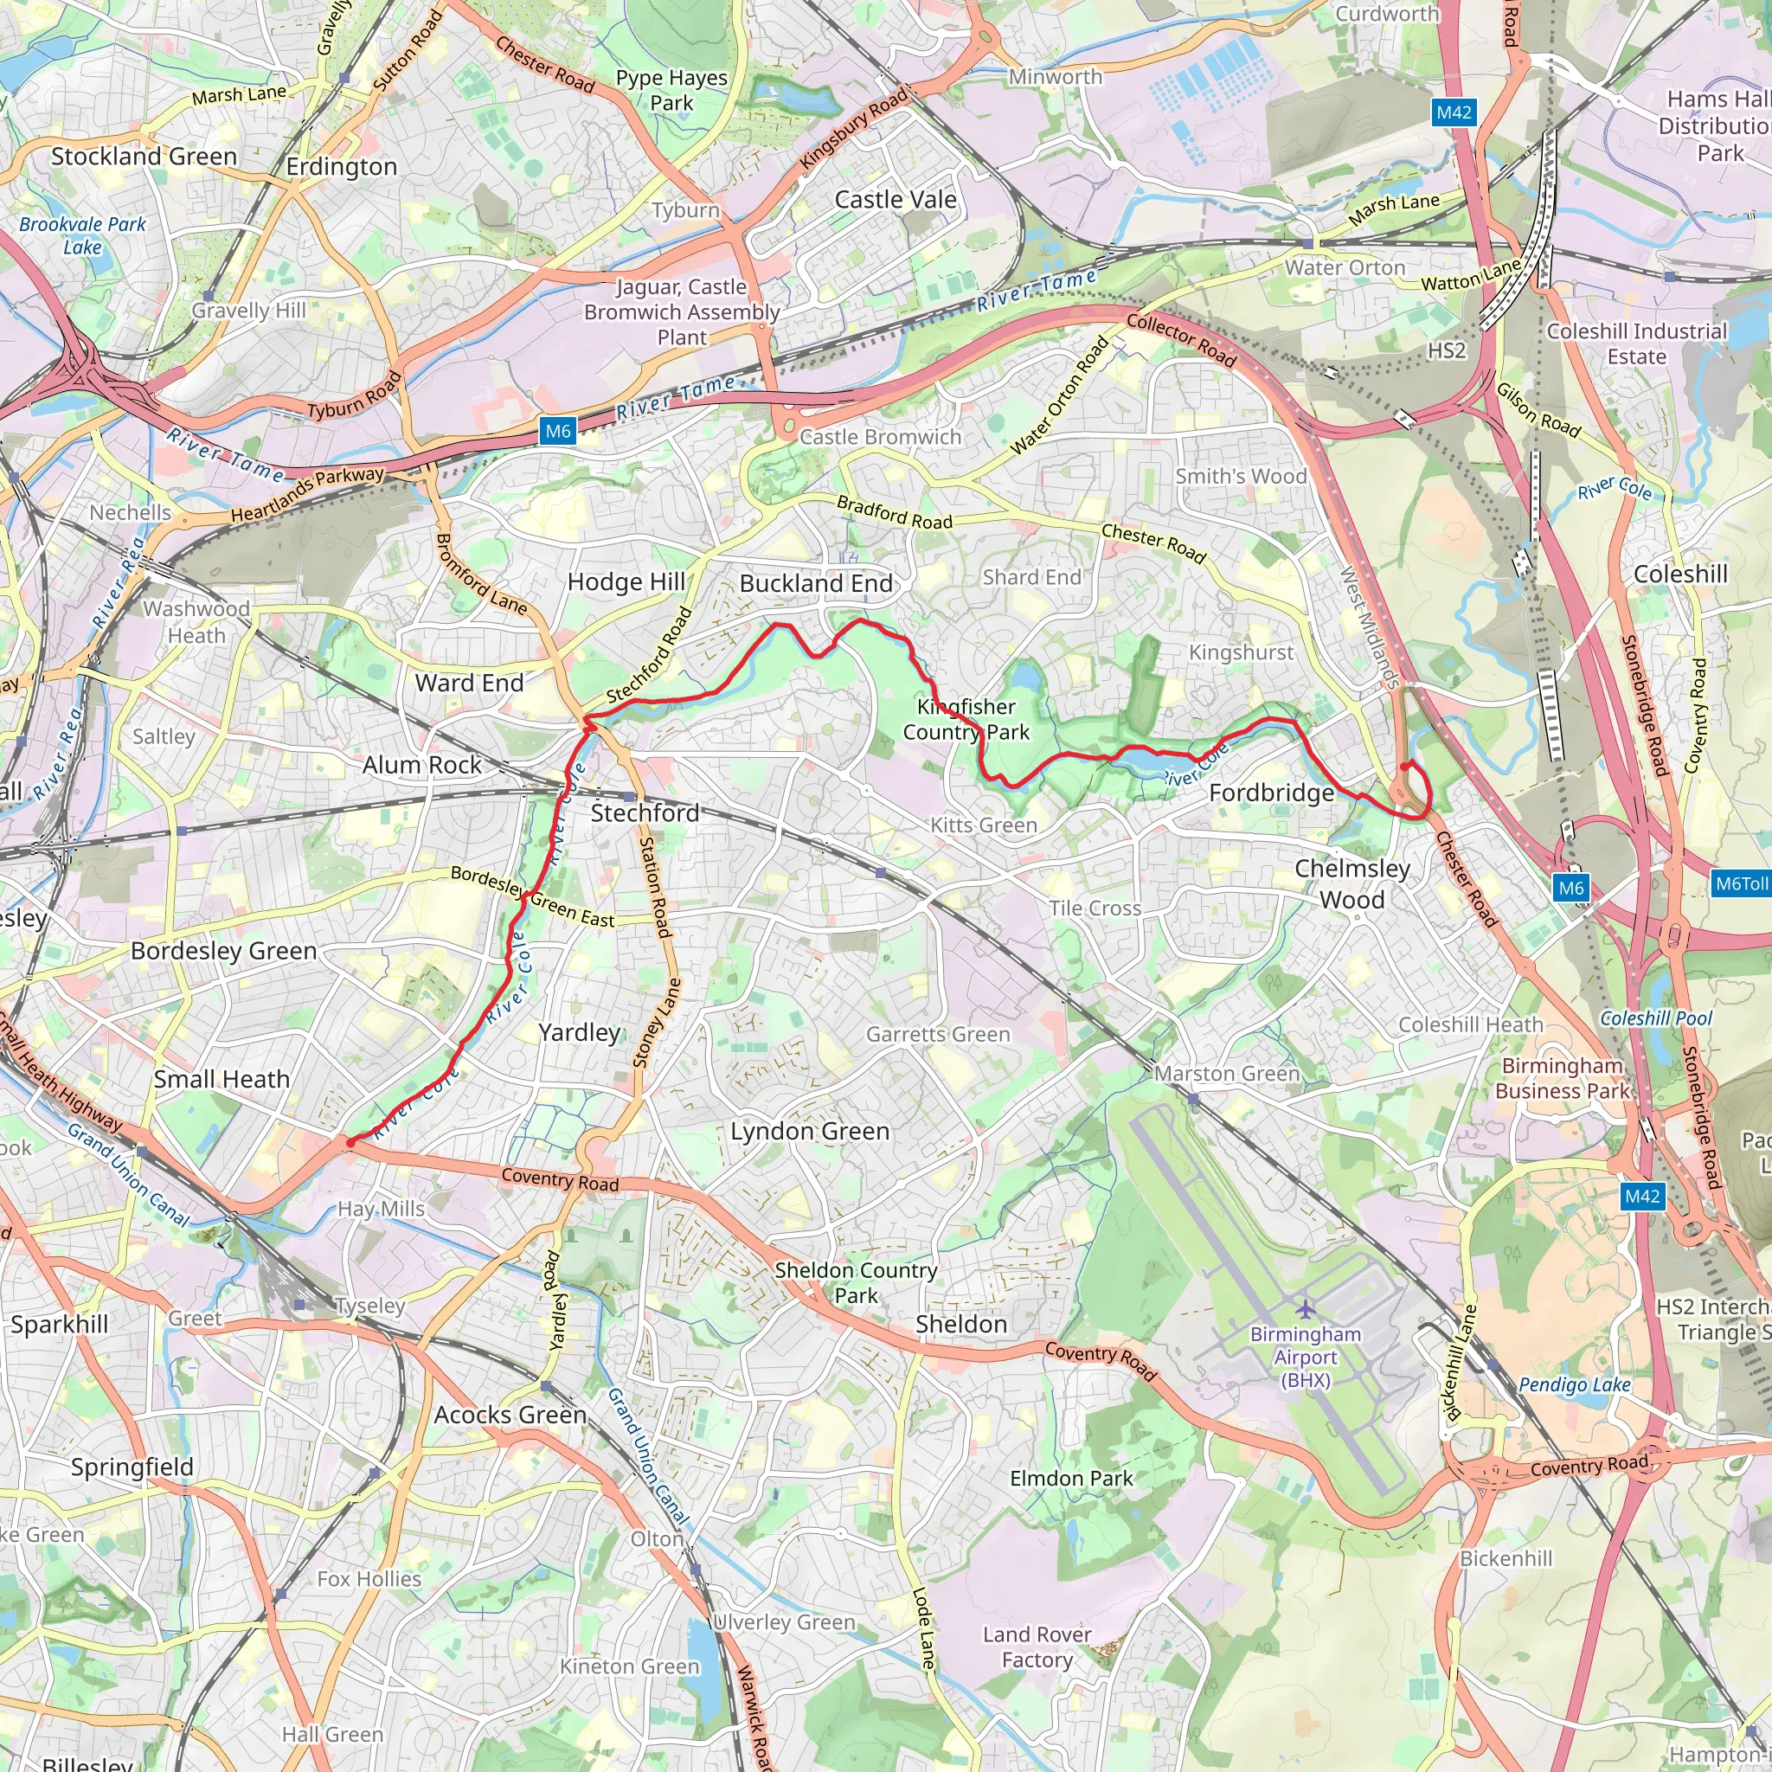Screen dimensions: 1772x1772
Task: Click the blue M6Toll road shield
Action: (x=1740, y=884)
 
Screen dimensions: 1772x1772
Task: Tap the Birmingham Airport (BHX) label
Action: (x=1305, y=1357)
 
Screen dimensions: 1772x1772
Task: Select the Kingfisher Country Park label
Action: (x=966, y=719)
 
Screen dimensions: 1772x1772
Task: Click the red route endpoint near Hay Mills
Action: (x=350, y=1143)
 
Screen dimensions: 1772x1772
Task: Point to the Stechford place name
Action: (x=645, y=812)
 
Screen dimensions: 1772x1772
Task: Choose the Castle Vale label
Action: (x=896, y=199)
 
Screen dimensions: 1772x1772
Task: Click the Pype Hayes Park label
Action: (x=671, y=90)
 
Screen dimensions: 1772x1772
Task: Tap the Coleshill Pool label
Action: (x=1655, y=1018)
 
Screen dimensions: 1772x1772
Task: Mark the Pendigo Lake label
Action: (x=1574, y=1385)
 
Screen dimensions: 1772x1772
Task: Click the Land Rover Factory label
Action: (x=1037, y=1647)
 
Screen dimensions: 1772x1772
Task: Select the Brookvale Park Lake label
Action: (x=82, y=235)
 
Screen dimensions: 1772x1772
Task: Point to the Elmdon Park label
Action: (x=1071, y=1479)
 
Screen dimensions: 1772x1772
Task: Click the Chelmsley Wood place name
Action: (x=1352, y=883)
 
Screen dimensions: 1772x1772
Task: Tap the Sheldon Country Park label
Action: (x=856, y=1282)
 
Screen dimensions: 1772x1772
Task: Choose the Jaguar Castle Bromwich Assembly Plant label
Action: (x=682, y=311)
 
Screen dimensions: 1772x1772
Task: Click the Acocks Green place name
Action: (x=510, y=1415)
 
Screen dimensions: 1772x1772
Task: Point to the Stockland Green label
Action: (x=144, y=156)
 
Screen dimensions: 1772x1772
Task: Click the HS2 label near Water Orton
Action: (x=1447, y=350)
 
